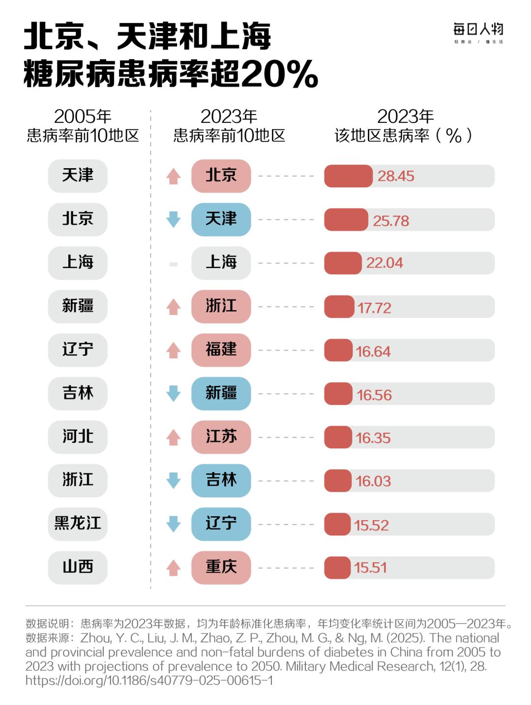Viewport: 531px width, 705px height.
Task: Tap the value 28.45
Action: pos(396,176)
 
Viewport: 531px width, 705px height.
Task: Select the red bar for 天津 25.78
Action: pos(346,220)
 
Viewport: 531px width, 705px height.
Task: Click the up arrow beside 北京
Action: pos(173,176)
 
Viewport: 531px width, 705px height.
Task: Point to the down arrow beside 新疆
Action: pos(173,393)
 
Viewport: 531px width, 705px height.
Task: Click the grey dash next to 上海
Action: pos(173,264)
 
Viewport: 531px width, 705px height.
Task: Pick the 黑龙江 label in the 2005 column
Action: pos(78,523)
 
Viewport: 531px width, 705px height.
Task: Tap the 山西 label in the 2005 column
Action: pos(78,567)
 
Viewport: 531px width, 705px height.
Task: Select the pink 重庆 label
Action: pos(221,567)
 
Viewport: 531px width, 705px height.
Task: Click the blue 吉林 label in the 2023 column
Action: pos(221,480)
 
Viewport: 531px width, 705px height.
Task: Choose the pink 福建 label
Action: pos(221,350)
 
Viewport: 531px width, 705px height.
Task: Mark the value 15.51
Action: pos(370,568)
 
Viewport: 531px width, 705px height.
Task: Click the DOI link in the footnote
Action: pos(149,680)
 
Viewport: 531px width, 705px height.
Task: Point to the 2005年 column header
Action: pos(83,117)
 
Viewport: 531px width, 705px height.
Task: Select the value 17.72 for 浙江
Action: pos(374,308)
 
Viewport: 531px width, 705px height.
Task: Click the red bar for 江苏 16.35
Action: pos(338,437)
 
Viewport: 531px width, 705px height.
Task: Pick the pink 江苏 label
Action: pos(221,437)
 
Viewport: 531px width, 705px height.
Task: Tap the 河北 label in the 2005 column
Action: pos(78,437)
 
